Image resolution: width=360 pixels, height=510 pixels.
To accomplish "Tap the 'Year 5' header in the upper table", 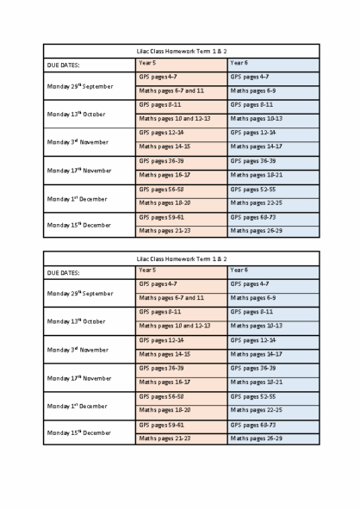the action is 147,63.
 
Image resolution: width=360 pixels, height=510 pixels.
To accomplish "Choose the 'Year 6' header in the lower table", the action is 239,270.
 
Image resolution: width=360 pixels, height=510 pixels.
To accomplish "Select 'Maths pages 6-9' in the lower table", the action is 252,297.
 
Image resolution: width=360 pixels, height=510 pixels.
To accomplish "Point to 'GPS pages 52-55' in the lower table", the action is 253,396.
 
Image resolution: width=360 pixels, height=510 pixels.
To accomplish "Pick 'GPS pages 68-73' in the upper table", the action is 253,216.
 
